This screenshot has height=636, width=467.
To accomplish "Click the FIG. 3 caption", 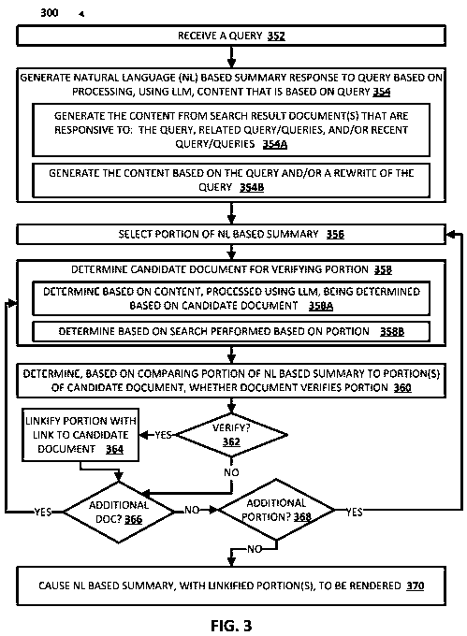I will (231, 622).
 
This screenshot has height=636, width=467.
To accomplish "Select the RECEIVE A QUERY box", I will (232, 37).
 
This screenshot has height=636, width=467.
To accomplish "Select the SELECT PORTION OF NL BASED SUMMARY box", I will (232, 233).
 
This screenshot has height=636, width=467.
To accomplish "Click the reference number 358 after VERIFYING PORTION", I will (355, 270).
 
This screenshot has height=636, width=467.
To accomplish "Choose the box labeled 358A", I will (232, 298).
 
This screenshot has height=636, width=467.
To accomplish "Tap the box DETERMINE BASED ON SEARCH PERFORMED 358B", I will (232, 331).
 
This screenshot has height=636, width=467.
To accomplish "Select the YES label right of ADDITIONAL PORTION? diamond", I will (355, 512).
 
